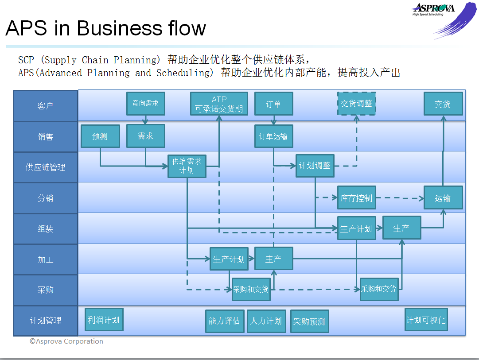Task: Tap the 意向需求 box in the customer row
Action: tap(145, 104)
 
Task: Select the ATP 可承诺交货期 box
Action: tap(219, 104)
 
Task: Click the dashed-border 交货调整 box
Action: tap(356, 104)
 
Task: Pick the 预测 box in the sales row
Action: tap(100, 136)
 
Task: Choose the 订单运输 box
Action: tap(273, 136)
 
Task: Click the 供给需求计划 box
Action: tap(187, 166)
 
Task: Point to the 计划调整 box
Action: tap(315, 166)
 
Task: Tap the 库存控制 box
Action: tap(356, 197)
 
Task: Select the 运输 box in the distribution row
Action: tap(443, 197)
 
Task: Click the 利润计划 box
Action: tap(104, 320)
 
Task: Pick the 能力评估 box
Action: tap(224, 321)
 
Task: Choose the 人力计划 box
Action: tap(266, 321)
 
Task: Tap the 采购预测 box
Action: tap(309, 321)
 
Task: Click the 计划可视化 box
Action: tap(426, 320)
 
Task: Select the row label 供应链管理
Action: tap(46, 167)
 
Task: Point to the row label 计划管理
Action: tap(46, 321)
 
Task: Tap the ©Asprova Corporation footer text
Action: tap(66, 341)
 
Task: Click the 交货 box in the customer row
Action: tap(443, 104)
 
